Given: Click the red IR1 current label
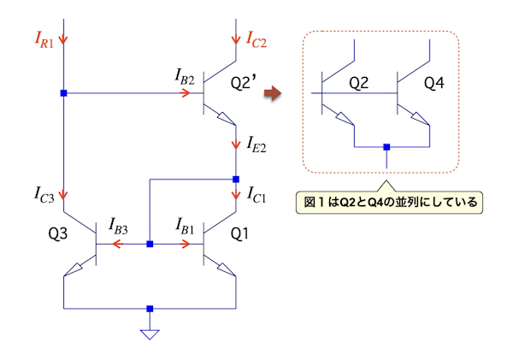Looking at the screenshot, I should coord(44,39).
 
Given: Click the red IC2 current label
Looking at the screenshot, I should coord(259,38).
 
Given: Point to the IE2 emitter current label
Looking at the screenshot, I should coord(256,143).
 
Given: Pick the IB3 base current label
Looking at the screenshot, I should coord(120,226).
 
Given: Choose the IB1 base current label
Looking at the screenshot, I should coord(185,226).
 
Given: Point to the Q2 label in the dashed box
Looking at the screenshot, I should coord(358,83).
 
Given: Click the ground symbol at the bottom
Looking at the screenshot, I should coord(150,333).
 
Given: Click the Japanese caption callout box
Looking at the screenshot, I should coord(389,204).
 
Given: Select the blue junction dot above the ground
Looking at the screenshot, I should coord(150,308).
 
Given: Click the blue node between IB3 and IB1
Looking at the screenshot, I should coord(150,245).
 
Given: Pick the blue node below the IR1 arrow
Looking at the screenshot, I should coord(63,92).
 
